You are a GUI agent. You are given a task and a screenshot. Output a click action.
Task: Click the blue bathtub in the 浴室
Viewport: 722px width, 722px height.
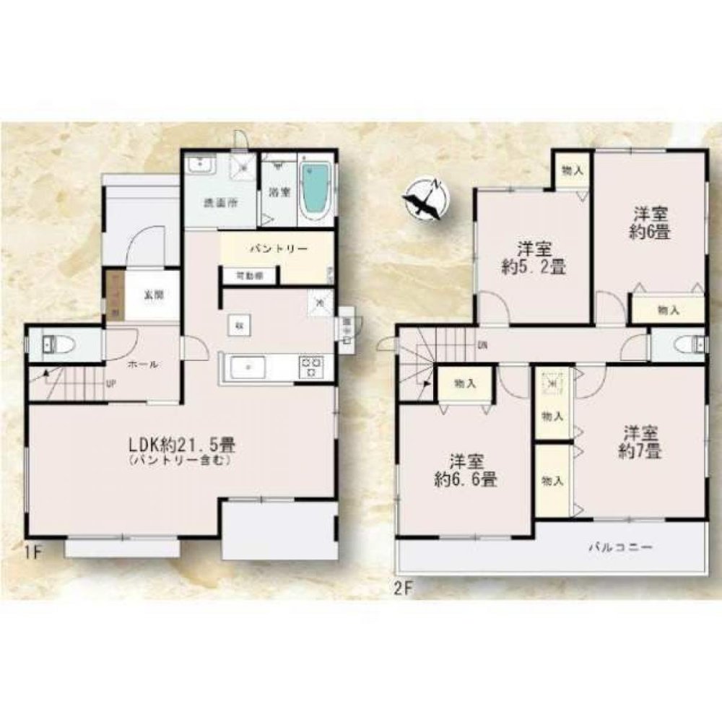pyautogui.click(x=315, y=189)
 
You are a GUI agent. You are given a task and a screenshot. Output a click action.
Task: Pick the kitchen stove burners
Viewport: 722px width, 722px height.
pyautogui.click(x=311, y=367)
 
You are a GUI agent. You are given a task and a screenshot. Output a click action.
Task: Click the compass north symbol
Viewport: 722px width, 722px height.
pyautogui.click(x=425, y=199)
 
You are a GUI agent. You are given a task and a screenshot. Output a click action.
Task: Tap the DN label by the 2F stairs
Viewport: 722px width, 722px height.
pyautogui.click(x=481, y=344)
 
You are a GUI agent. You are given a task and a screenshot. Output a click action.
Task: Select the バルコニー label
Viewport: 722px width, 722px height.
pyautogui.click(x=620, y=548)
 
